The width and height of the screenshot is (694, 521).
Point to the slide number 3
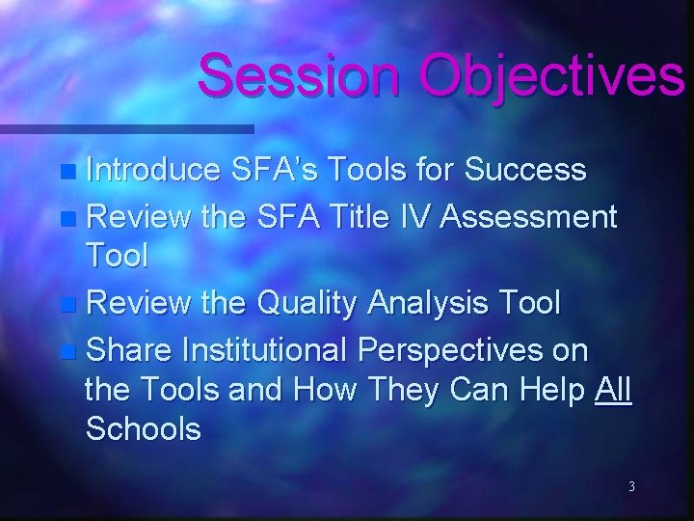pyautogui.click(x=630, y=487)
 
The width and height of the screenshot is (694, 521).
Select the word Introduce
pyautogui.click(x=153, y=171)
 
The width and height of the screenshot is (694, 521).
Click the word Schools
pyautogui.click(x=144, y=428)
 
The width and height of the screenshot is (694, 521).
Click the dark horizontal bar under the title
pyautogui.click(x=125, y=127)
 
